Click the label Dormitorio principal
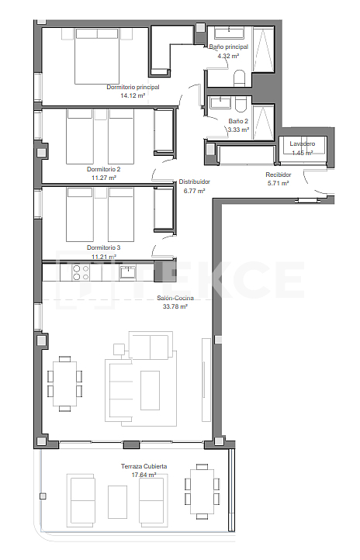pyautogui.click(x=133, y=87)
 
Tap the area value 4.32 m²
pyautogui.click(x=228, y=56)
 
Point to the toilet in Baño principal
pyautogui.click(x=238, y=78)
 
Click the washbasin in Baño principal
pyautogui.click(x=229, y=33)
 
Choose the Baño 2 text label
pyautogui.click(x=238, y=121)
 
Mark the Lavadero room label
pyautogui.click(x=302, y=144)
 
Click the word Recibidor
pyautogui.click(x=278, y=175)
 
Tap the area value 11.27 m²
pyautogui.click(x=103, y=177)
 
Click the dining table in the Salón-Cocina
pyautogui.click(x=64, y=385)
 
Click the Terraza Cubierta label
pyautogui.click(x=144, y=466)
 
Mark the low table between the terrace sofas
pyautogui.click(x=118, y=501)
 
